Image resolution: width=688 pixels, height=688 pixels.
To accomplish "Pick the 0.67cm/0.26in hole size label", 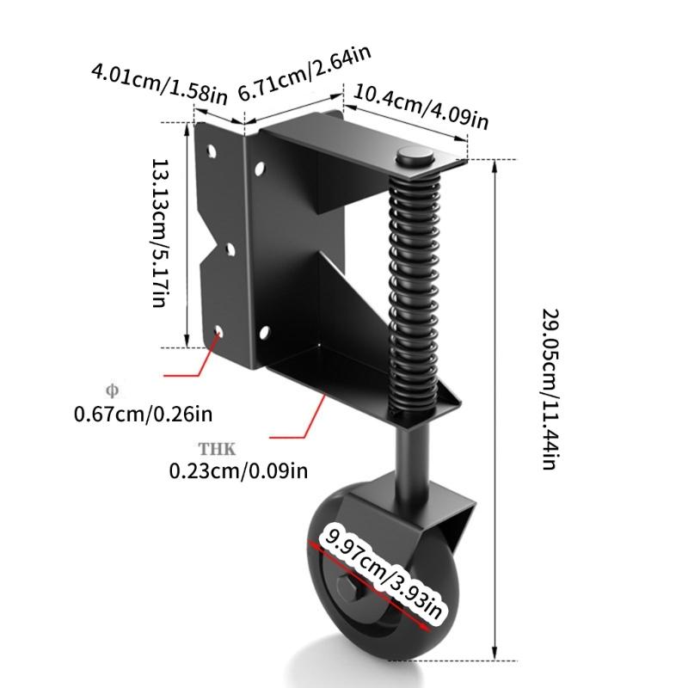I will point(143,415).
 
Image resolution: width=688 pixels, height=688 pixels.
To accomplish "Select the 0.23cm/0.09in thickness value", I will point(237,470).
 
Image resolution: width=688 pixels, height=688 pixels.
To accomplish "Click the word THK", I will point(216,448).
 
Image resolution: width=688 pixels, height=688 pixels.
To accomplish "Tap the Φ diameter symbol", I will point(110,388).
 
